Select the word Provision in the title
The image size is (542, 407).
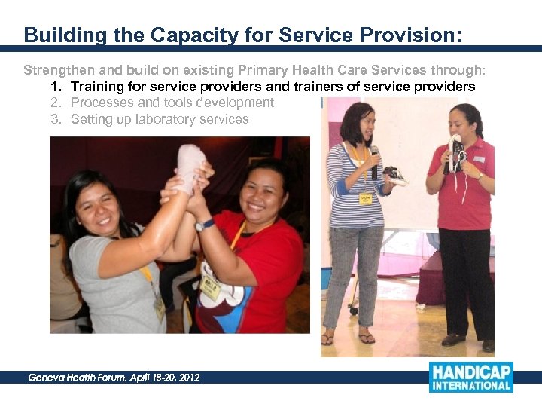pos(412,35)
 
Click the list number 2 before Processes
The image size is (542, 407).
pos(55,103)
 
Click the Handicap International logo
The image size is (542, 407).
pos(470,377)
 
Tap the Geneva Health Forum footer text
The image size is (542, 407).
pos(113,378)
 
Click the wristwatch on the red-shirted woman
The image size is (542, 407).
pos(202,225)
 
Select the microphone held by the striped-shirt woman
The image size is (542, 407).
pos(374,161)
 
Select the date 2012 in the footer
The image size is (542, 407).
pos(187,378)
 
